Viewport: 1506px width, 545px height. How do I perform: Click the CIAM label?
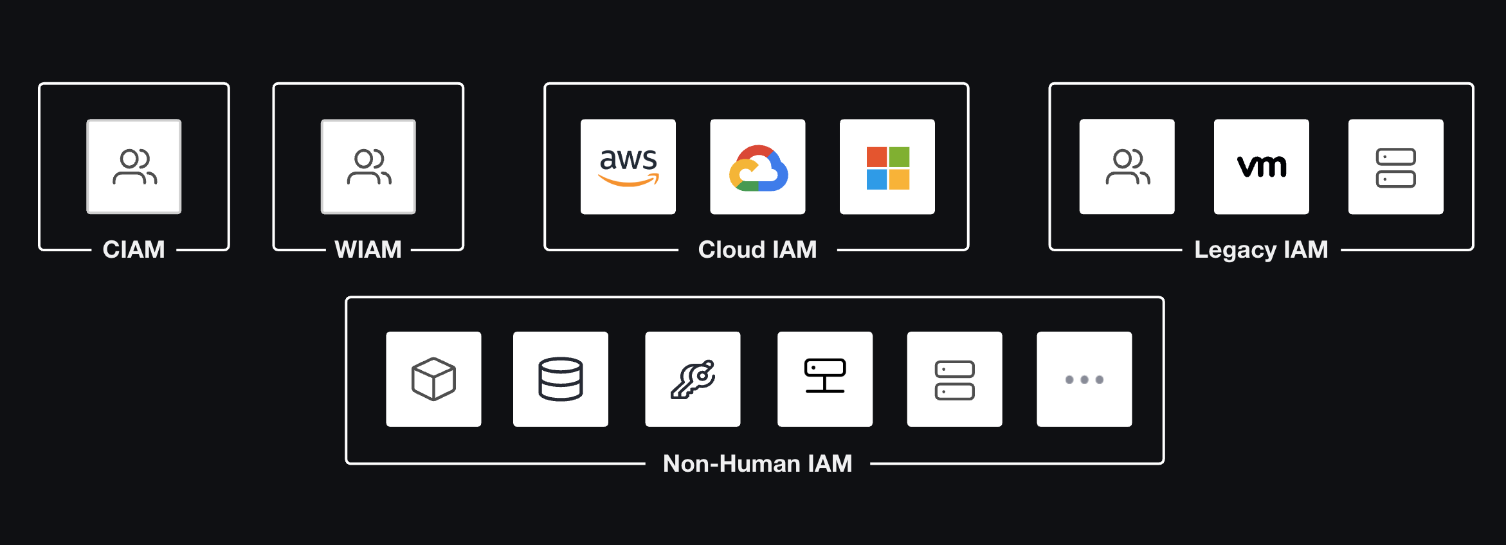134,249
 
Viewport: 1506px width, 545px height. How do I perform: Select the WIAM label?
368,249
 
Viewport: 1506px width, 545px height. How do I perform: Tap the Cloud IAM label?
758,249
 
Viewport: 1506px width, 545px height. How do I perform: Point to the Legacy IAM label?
1261,249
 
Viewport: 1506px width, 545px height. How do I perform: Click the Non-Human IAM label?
758,463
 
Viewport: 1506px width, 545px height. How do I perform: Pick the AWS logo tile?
628,166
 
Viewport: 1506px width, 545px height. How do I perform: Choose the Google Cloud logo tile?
758,166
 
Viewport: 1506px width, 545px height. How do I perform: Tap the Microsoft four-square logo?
887,167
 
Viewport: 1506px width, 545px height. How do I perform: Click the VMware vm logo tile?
1262,166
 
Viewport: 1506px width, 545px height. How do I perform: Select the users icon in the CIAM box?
134,166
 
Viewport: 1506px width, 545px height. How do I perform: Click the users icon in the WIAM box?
368,166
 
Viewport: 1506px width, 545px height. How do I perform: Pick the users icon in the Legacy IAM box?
1127,166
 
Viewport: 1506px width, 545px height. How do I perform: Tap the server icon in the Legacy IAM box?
1395,167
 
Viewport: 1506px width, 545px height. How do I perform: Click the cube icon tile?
433,379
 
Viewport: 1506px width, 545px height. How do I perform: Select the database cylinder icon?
561,379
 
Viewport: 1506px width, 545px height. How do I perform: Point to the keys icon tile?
693,379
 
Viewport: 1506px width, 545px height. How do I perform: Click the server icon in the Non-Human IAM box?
954,380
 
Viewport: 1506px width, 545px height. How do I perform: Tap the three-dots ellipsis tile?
1084,379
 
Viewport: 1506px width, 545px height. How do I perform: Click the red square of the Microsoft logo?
876,157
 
